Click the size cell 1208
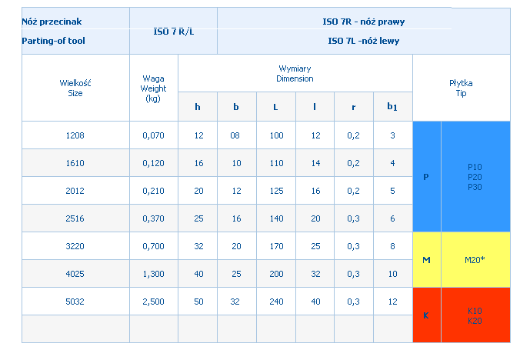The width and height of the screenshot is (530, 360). (75, 135)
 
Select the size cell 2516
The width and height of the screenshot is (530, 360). (75, 218)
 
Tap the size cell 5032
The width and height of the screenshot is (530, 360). (75, 302)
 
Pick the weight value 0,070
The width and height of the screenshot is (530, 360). (154, 135)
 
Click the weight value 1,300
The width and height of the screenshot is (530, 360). (154, 274)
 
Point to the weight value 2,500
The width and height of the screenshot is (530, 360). (154, 302)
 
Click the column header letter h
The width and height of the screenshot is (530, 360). (198, 107)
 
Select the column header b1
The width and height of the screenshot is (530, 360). (392, 108)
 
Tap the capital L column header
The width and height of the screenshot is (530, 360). (275, 107)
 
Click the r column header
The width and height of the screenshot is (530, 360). (354, 107)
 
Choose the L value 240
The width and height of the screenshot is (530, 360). (275, 302)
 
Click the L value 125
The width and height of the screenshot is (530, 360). (275, 191)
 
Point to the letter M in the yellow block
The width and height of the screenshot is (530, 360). (426, 260)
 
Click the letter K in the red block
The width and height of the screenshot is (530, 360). (426, 315)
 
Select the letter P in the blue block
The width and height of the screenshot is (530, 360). (426, 177)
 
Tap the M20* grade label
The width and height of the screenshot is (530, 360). (475, 260)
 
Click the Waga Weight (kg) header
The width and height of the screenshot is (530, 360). (154, 88)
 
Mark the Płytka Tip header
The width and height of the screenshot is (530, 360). (461, 87)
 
